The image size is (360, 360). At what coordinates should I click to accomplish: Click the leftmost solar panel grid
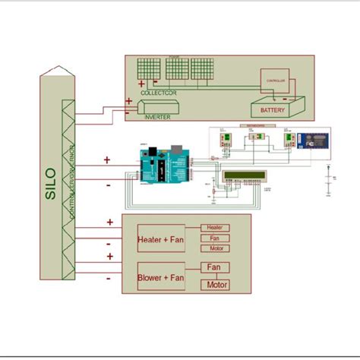coord(147,71)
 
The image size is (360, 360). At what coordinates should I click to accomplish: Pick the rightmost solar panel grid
coord(201,71)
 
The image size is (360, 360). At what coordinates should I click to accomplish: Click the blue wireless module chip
coord(309,139)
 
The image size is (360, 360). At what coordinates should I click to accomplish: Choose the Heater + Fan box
coord(160,240)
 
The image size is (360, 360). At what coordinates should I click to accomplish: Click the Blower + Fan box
coord(160,278)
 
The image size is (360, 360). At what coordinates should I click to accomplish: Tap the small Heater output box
coord(215,227)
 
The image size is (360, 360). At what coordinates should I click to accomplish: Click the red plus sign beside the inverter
coord(129,101)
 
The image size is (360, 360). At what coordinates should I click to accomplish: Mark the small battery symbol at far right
coord(328,183)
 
